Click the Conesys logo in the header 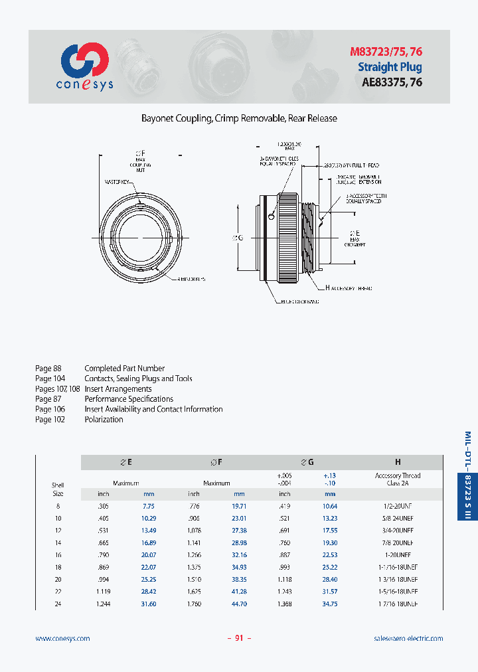click(x=84, y=66)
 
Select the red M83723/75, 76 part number click(x=386, y=51)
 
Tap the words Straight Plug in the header click(x=390, y=66)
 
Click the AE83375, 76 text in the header click(x=392, y=82)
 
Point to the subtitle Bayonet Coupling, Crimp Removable click(x=239, y=118)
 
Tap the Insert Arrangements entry click(x=118, y=389)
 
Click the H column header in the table click(x=398, y=462)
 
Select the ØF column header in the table click(x=216, y=462)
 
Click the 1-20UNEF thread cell click(x=398, y=554)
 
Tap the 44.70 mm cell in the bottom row click(x=238, y=604)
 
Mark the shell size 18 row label click(x=58, y=567)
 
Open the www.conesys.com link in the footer click(x=62, y=638)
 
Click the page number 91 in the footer click(x=239, y=638)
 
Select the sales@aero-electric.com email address click(x=408, y=638)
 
